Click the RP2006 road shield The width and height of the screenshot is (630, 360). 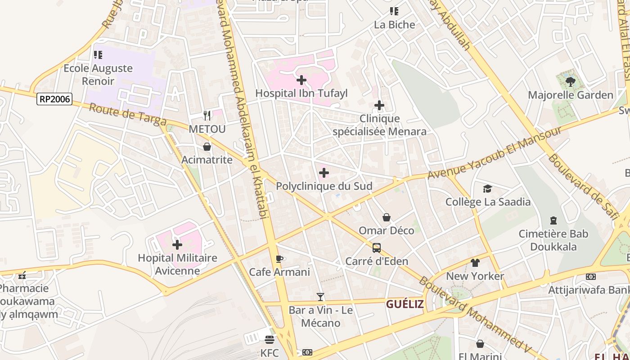coord(54,99)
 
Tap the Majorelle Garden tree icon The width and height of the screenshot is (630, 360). coord(570,82)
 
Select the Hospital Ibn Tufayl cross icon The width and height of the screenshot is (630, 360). coord(301,81)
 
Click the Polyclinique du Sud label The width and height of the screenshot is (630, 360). coord(324,186)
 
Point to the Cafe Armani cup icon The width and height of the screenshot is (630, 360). coord(279,259)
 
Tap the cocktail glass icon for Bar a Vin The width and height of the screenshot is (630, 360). coord(320,297)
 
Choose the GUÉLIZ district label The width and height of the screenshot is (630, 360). coord(405,304)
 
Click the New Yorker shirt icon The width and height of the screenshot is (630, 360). coord(475,263)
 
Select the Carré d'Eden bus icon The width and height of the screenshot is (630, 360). coord(377,248)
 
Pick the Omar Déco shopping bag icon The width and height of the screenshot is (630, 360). coord(387,218)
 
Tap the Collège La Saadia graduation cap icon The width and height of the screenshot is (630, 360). coord(487,189)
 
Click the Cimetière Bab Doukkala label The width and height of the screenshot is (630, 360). coord(553,240)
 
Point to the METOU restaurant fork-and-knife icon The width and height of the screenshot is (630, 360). coord(207,116)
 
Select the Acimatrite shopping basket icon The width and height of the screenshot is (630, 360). coord(207,147)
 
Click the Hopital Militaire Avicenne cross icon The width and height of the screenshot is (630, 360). coord(177,245)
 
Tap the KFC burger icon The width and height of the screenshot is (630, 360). coord(270,339)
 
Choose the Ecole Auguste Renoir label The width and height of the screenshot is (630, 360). coord(98,75)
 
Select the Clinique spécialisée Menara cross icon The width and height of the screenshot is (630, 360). coord(379,106)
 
